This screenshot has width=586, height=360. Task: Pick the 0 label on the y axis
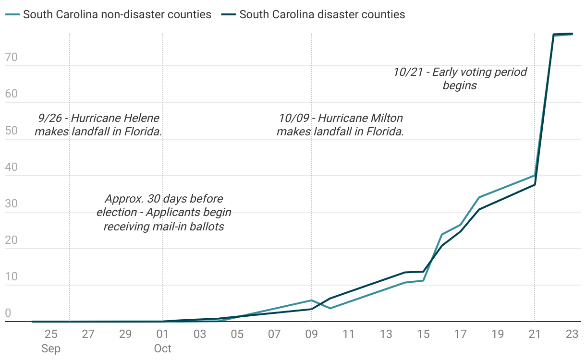[8, 313]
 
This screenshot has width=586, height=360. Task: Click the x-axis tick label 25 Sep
[51, 340]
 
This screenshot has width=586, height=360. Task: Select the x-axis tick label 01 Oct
[163, 340]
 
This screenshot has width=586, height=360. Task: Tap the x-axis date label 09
[312, 334]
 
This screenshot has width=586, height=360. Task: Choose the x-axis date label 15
[423, 334]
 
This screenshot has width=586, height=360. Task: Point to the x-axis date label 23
[572, 334]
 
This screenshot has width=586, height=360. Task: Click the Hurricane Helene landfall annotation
[98, 125]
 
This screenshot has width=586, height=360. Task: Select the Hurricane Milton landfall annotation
[340, 125]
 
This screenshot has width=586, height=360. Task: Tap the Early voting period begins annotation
[460, 79]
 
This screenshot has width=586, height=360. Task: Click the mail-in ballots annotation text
[164, 212]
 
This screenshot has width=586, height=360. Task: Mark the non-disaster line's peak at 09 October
[312, 300]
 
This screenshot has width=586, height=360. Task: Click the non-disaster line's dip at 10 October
[330, 308]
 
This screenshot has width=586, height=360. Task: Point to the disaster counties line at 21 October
[535, 185]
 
